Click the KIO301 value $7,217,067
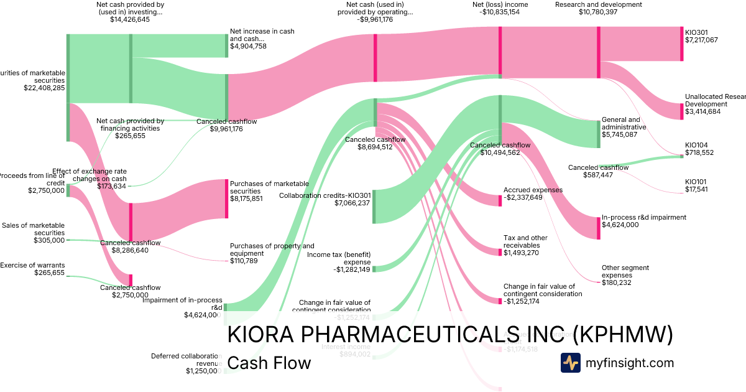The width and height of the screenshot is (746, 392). (701, 40)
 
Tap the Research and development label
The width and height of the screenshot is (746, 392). (598, 4)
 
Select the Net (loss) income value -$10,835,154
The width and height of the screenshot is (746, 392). (500, 12)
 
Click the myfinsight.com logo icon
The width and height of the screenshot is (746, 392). (570, 363)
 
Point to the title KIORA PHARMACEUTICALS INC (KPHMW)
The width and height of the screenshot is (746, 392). (451, 335)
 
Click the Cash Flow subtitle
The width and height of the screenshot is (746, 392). (269, 363)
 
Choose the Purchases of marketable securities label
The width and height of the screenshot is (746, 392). (269, 187)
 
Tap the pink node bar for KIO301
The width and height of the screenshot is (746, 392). (681, 44)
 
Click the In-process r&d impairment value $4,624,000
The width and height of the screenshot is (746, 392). (620, 225)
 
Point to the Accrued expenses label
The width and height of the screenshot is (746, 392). (533, 190)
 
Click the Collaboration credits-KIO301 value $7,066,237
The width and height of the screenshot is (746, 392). (352, 203)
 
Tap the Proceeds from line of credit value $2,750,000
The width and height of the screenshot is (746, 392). (45, 191)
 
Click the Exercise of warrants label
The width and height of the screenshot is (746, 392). (32, 265)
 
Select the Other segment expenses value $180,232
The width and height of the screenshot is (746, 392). (621, 282)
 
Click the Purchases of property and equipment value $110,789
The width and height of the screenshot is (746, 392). (248, 261)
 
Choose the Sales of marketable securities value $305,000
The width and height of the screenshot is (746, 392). (49, 240)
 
